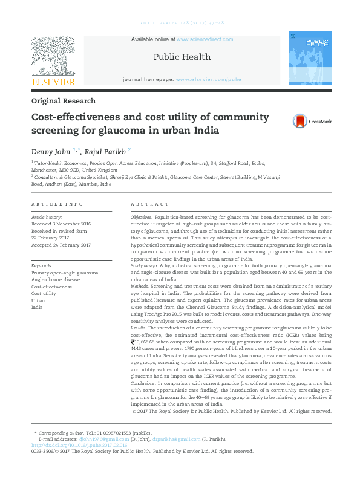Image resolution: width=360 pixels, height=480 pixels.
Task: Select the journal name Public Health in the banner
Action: point(182,57)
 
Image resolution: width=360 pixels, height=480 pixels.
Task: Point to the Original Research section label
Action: point(63,101)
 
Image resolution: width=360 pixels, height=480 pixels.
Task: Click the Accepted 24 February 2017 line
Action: point(61,245)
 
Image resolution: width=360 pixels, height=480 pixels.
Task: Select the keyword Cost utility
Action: point(44,293)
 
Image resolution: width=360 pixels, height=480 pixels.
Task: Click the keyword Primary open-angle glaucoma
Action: point(64,273)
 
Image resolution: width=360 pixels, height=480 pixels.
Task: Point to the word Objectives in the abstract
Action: point(142,216)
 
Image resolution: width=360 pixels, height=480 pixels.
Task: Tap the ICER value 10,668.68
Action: point(151,342)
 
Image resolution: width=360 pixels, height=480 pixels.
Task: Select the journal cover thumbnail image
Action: point(309,58)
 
